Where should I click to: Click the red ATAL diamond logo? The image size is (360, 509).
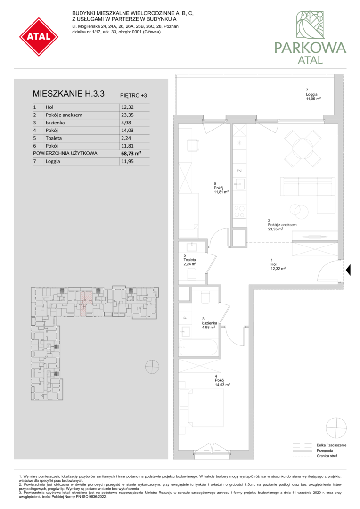click(x=39, y=37)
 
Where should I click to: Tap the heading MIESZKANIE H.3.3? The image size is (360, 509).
click(x=68, y=94)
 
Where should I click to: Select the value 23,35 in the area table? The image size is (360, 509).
click(x=127, y=115)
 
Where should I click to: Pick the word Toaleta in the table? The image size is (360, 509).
click(x=54, y=138)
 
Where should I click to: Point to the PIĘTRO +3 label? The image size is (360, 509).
click(x=133, y=95)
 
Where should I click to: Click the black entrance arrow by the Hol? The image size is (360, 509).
click(x=348, y=270)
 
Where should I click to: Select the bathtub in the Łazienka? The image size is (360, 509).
click(x=198, y=348)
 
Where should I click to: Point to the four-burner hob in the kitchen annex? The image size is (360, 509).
click(x=240, y=212)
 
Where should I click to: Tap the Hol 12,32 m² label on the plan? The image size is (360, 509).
click(x=278, y=264)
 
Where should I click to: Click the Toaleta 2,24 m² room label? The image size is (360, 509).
click(x=190, y=260)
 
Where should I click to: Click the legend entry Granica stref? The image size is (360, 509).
click(x=327, y=456)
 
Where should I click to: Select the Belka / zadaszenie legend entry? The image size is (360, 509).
click(x=331, y=445)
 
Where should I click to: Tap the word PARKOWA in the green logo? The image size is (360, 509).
click(x=311, y=48)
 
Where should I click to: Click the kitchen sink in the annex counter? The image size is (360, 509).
click(x=240, y=184)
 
